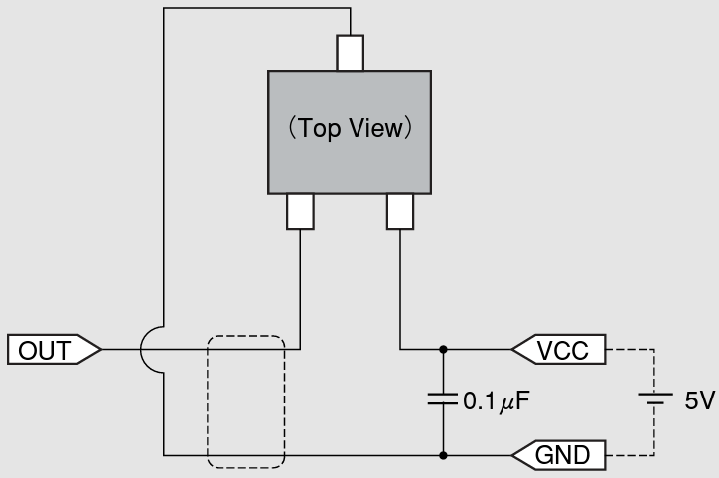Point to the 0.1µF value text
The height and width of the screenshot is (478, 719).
pyautogui.click(x=496, y=401)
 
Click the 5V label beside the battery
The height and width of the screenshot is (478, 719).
pyautogui.click(x=699, y=401)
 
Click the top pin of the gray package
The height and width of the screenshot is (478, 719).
pyautogui.click(x=350, y=53)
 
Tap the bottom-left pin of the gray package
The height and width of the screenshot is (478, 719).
pyautogui.click(x=300, y=211)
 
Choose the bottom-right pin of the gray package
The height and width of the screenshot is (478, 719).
pyautogui.click(x=400, y=211)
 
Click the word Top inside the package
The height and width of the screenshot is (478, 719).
pyautogui.click(x=320, y=129)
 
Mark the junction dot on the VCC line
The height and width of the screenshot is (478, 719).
pyautogui.click(x=443, y=349)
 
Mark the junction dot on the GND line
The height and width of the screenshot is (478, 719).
pyautogui.click(x=443, y=456)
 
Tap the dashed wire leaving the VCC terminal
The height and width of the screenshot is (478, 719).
pyautogui.click(x=631, y=349)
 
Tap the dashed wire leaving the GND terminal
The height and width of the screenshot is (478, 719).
pyautogui.click(x=631, y=456)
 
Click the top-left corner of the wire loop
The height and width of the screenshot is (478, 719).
pyautogui.click(x=164, y=9)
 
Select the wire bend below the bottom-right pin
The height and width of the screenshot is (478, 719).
pyautogui.click(x=400, y=349)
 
